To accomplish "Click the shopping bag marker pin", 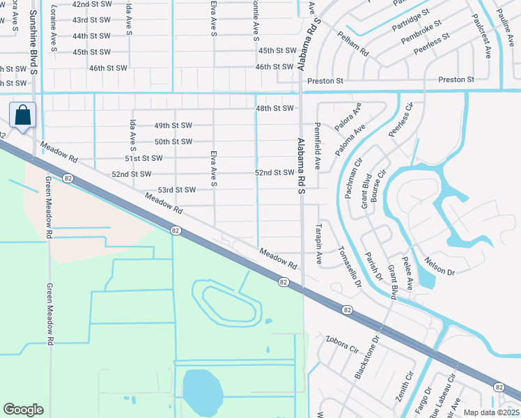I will (22, 115).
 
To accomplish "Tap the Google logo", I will (23, 410).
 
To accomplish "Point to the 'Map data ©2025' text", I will (491, 412).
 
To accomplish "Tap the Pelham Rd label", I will (353, 43).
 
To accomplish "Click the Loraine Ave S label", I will (54, 32).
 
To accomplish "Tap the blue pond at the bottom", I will (202, 392).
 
